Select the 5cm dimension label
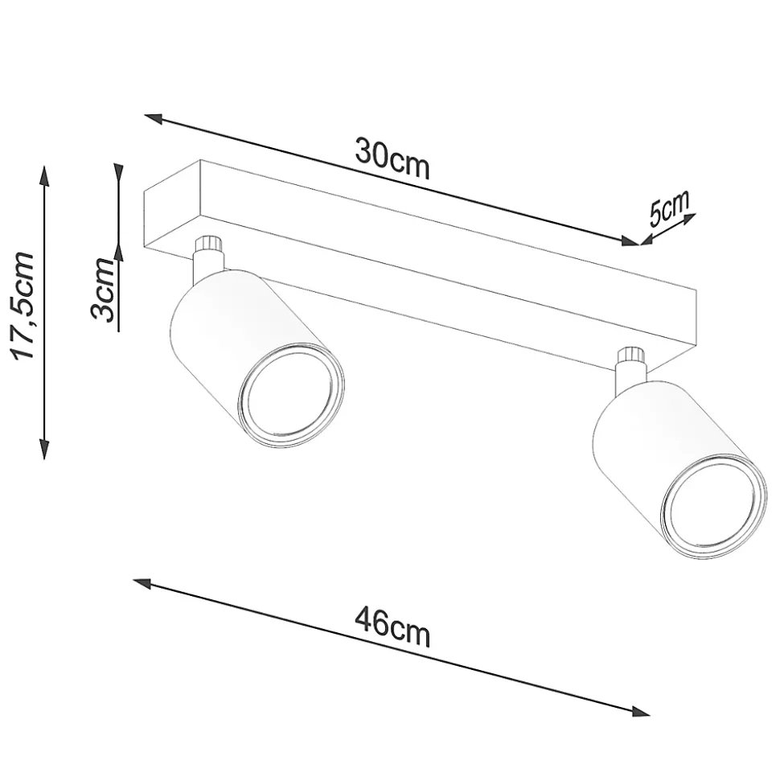[x=667, y=208]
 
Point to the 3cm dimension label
[x=103, y=290]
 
